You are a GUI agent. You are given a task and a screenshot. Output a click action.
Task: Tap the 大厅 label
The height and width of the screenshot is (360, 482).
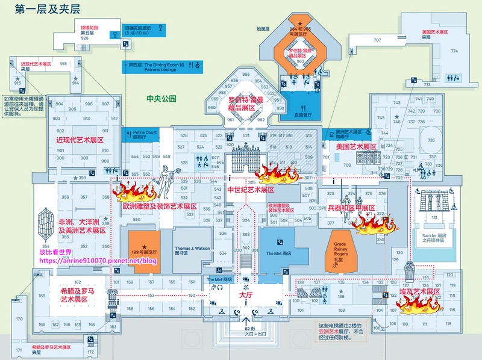click(x=245, y=296)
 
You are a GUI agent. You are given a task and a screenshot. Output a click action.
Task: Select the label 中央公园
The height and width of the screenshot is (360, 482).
click(x=161, y=98)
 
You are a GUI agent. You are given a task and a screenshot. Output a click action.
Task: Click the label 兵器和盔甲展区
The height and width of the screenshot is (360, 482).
click(x=351, y=208)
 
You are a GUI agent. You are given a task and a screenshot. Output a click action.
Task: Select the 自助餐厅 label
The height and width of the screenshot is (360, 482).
click(x=302, y=114)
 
